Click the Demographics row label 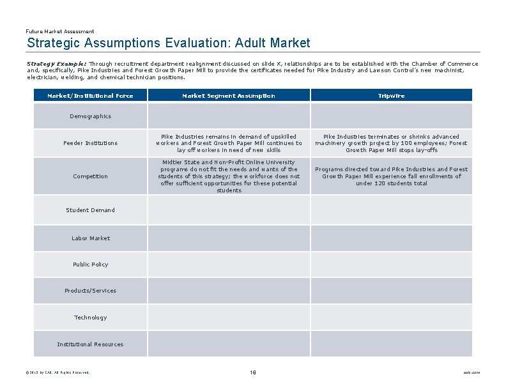(90, 116)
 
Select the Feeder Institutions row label (90, 143)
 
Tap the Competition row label (90, 176)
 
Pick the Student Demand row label (90, 210)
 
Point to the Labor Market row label (90, 238)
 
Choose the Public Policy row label (90, 264)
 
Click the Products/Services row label (90, 291)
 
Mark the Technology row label (90, 318)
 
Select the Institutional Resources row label (90, 344)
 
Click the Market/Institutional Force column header (90, 96)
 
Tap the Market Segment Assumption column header (229, 96)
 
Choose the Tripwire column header (391, 96)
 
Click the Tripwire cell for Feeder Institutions (391, 143)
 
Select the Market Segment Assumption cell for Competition (229, 176)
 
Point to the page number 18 (253, 372)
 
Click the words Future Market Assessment (60, 31)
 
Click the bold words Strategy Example (56, 64)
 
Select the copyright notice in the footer (58, 372)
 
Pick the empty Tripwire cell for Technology (391, 318)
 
